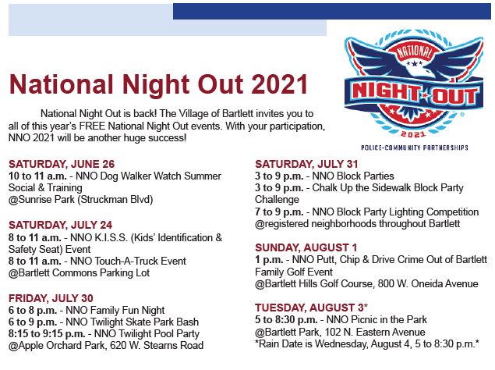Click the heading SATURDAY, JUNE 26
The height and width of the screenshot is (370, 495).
62,164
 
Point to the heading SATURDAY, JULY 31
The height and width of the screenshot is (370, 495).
308,163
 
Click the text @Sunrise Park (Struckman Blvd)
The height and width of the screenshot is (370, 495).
81,200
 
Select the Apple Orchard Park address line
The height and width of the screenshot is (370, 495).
106,345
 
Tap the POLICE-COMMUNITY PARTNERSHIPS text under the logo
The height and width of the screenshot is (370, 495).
415,147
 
